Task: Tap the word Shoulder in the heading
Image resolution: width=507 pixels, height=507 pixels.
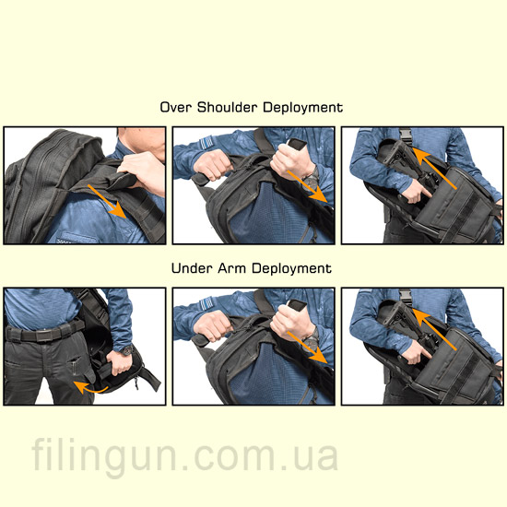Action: [228, 107]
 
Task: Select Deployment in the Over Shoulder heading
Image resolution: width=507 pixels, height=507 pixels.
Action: [303, 108]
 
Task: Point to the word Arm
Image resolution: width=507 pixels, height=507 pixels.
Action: [232, 268]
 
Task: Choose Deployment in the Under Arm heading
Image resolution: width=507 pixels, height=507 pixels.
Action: [292, 269]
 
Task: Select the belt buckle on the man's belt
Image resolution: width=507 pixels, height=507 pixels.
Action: [42, 336]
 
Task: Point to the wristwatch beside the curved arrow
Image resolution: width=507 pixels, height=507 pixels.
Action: [127, 349]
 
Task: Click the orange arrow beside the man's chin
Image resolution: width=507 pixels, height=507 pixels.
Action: [107, 201]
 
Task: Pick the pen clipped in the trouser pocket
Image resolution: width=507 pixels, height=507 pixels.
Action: [75, 366]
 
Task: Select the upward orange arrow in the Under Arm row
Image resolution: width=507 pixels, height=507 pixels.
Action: [434, 329]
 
